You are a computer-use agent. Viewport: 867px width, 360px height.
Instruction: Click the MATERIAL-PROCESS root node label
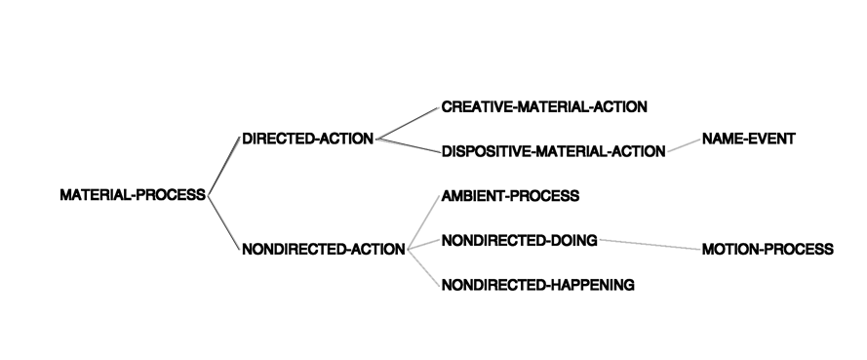[133, 195]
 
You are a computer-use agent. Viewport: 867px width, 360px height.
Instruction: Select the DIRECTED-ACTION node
[308, 139]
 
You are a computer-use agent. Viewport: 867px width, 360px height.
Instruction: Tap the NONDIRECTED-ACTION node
[324, 250]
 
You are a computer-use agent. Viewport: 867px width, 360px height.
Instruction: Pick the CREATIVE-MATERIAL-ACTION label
[544, 106]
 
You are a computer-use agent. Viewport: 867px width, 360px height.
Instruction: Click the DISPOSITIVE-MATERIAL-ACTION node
[554, 151]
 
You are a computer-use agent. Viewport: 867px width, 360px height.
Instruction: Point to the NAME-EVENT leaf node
[749, 139]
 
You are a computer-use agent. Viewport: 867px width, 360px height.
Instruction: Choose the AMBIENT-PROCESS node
[510, 196]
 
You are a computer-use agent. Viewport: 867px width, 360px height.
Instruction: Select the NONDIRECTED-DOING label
[519, 241]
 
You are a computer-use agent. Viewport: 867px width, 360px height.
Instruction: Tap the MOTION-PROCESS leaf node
[768, 250]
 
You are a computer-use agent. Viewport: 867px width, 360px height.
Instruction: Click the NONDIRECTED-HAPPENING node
[538, 285]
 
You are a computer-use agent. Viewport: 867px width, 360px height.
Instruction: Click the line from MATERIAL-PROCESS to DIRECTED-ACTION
[224, 166]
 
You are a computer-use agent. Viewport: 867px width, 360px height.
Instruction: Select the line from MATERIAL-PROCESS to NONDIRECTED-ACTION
[224, 222]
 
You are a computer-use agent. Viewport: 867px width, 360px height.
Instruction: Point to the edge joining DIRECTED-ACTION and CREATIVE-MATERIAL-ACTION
[408, 123]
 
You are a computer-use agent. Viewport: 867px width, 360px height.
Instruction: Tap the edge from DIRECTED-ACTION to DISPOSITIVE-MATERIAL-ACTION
[408, 145]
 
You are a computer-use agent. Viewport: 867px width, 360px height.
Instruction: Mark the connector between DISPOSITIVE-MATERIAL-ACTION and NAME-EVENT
[684, 145]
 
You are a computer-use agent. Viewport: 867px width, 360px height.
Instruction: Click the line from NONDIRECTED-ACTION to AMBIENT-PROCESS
[424, 222]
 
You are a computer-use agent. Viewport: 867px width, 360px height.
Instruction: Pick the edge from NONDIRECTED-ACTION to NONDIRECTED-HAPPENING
[424, 267]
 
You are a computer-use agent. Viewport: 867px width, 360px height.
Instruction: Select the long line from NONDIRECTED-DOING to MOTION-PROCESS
[650, 245]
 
